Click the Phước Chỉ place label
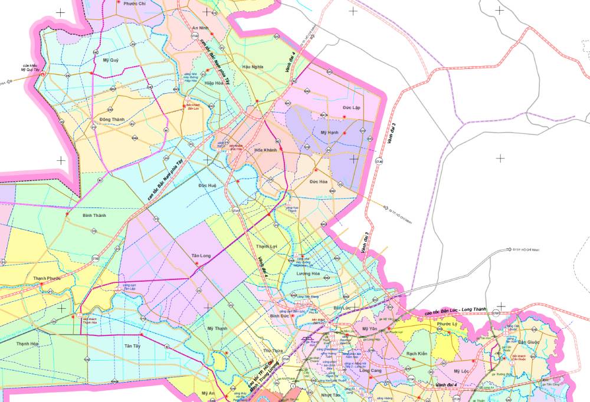pyautogui.click(x=135, y=4)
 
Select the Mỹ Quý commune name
pyautogui.click(x=110, y=60)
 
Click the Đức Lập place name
pyautogui.click(x=351, y=108)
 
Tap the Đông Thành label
pyautogui.click(x=112, y=120)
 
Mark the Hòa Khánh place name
pyautogui.click(x=265, y=150)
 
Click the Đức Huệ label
pyautogui.click(x=208, y=186)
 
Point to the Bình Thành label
pyautogui.click(x=94, y=216)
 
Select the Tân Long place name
pyautogui.click(x=201, y=256)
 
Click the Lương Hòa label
pyautogui.click(x=307, y=274)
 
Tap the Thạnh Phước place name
pyautogui.click(x=47, y=279)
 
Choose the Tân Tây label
pyautogui.click(x=133, y=346)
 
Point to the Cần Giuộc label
pyautogui.click(x=529, y=342)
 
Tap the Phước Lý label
pyautogui.click(x=448, y=324)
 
